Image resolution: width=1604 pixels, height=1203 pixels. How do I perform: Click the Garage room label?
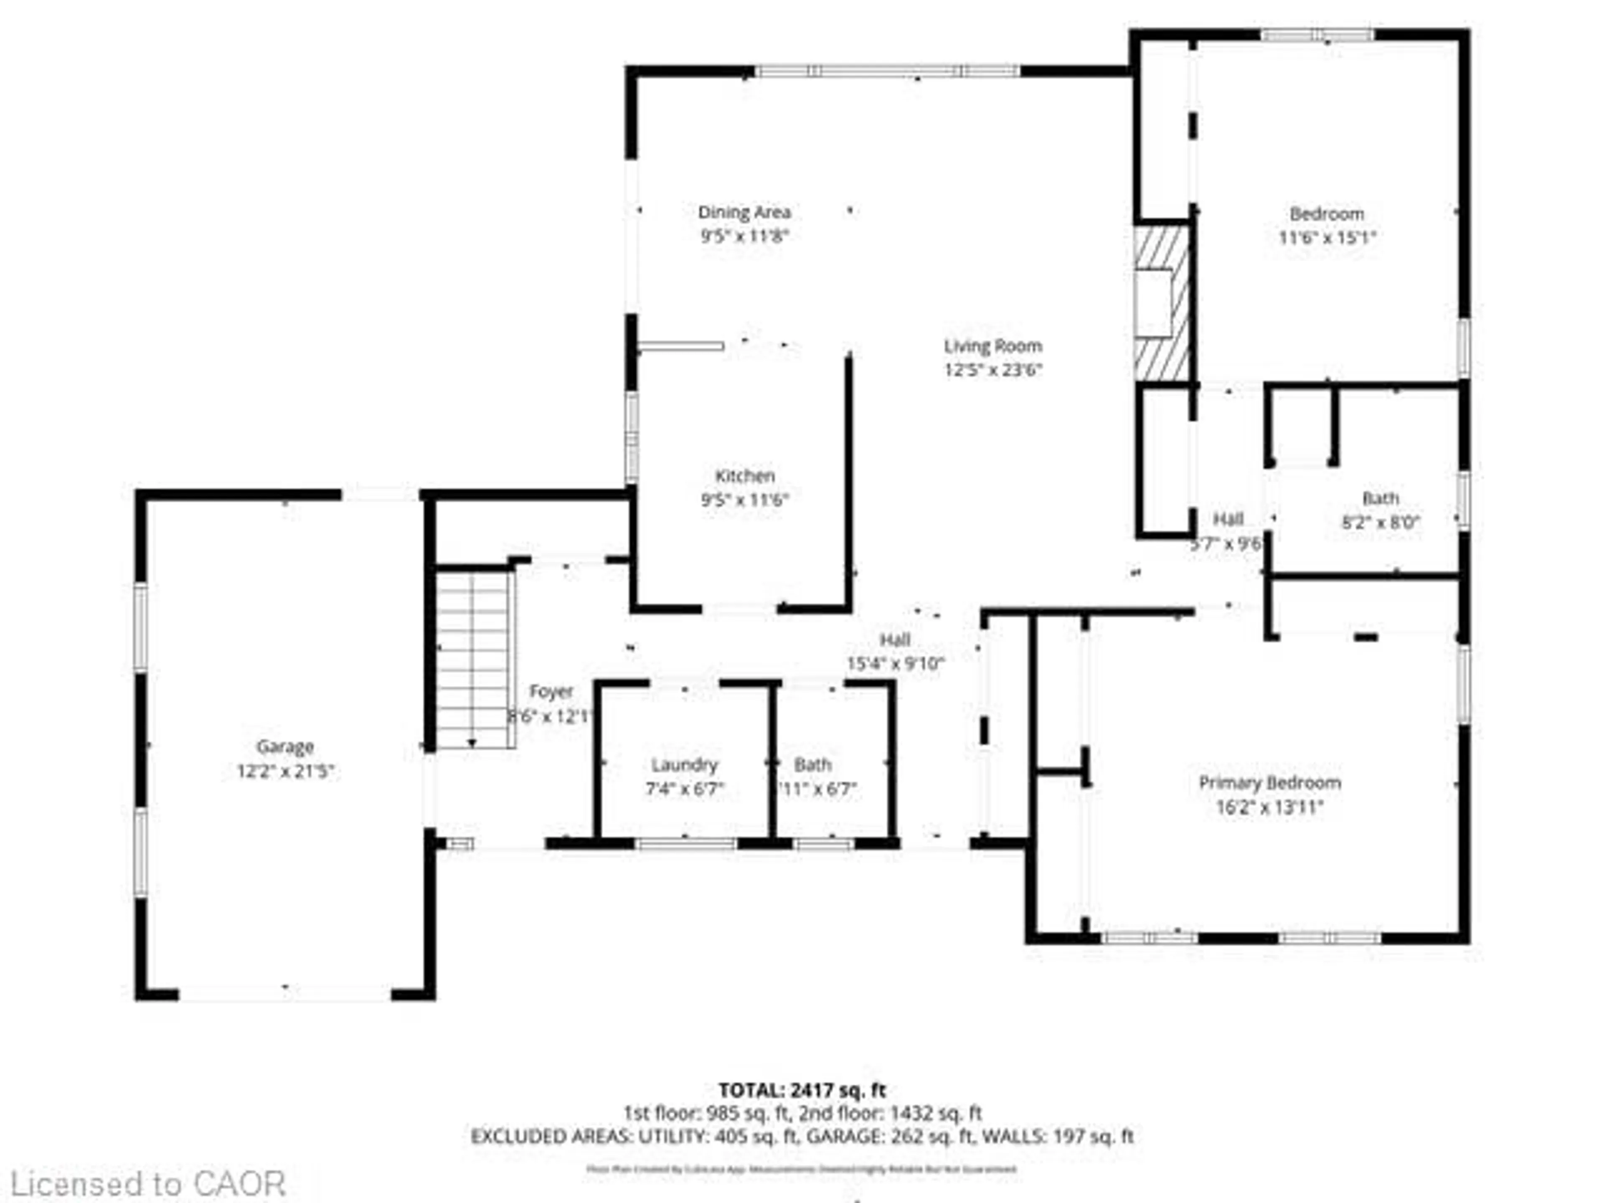pyautogui.click(x=284, y=746)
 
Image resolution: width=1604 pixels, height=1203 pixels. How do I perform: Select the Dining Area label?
pyautogui.click(x=744, y=213)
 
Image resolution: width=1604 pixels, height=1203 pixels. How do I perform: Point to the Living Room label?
pyautogui.click(x=993, y=346)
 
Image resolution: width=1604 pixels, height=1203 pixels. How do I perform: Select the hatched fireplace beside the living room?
pyautogui.click(x=1162, y=303)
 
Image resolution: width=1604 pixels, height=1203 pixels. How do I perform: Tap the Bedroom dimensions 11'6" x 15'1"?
pyautogui.click(x=1326, y=237)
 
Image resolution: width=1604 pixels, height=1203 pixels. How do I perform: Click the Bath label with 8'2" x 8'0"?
pyautogui.click(x=1380, y=499)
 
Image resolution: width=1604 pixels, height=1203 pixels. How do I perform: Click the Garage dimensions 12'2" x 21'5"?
pyautogui.click(x=284, y=771)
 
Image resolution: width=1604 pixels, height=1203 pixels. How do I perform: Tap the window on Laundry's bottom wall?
pyautogui.click(x=686, y=843)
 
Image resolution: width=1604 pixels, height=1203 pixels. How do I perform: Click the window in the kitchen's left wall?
pyautogui.click(x=632, y=437)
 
